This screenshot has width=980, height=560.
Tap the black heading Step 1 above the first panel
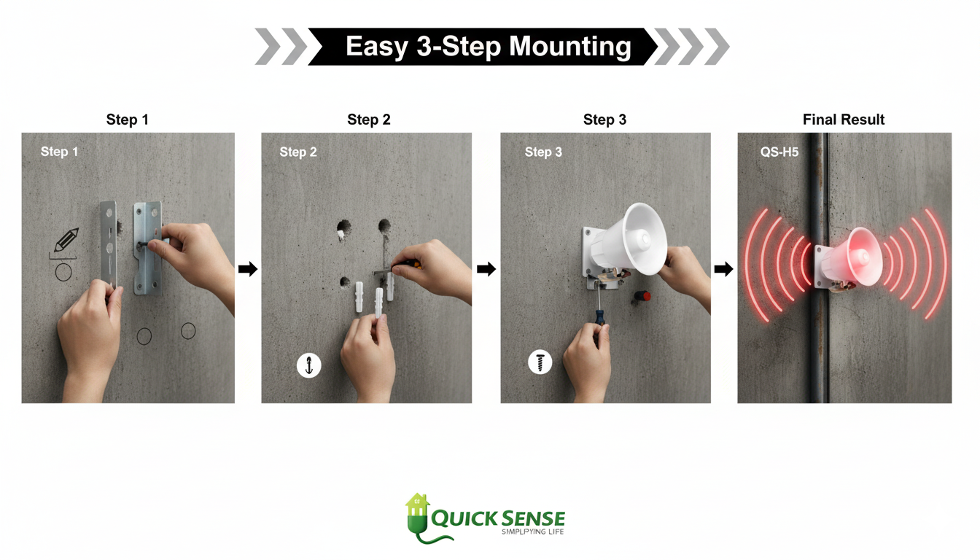click(x=128, y=120)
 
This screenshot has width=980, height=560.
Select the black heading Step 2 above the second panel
click(x=369, y=120)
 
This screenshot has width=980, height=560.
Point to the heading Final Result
click(x=844, y=120)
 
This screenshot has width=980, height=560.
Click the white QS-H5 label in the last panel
click(x=779, y=152)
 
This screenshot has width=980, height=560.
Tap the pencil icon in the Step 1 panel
click(x=66, y=240)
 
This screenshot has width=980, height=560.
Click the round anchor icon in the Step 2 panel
click(x=309, y=366)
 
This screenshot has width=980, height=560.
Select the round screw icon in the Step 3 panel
click(x=540, y=362)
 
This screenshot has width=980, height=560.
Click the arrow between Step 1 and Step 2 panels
click(x=248, y=269)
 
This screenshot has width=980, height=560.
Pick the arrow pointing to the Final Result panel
click(x=723, y=269)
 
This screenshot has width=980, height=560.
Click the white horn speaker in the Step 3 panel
click(x=630, y=241)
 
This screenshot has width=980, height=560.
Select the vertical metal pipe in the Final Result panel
click(x=817, y=268)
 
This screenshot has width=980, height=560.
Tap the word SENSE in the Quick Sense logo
click(x=532, y=519)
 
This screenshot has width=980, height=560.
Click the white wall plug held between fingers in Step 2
click(x=379, y=303)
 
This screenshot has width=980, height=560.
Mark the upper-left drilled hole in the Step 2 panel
click(x=343, y=227)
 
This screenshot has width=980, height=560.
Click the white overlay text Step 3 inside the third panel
click(x=543, y=152)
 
